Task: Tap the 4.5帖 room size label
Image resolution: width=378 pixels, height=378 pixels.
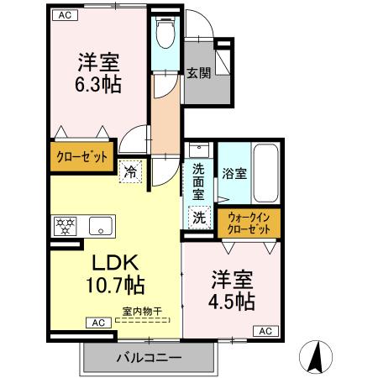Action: click(x=233, y=290)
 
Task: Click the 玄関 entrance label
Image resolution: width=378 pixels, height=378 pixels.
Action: click(x=198, y=73)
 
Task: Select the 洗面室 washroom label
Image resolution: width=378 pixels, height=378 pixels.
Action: click(x=197, y=179)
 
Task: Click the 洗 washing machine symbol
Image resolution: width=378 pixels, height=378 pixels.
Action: click(x=199, y=216)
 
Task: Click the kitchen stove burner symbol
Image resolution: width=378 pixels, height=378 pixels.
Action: click(x=64, y=225)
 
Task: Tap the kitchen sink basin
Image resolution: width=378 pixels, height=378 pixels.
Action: click(x=101, y=225)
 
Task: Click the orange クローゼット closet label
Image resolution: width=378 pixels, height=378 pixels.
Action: click(x=81, y=156)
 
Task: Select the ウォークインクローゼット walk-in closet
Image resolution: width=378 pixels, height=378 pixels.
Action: click(x=249, y=223)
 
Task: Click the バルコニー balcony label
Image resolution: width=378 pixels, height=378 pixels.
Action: click(x=148, y=358)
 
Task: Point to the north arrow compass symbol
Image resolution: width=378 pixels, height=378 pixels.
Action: click(x=316, y=356)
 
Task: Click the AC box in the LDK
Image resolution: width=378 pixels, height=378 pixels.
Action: click(x=97, y=322)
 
